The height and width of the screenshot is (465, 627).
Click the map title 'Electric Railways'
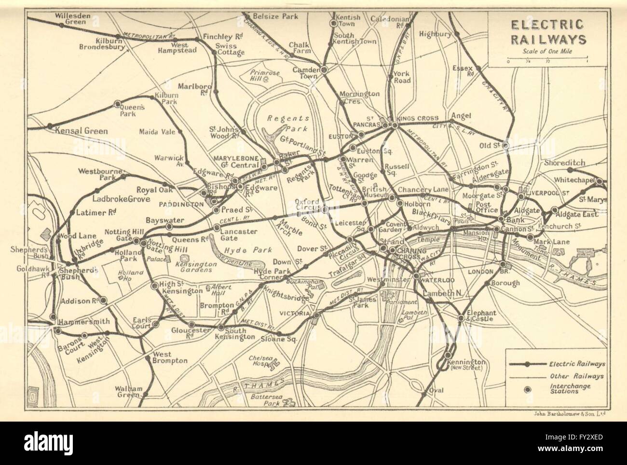click(x=546, y=32)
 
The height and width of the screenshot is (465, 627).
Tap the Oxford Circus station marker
click(x=325, y=209)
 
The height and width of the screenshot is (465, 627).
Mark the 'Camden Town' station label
click(x=305, y=72)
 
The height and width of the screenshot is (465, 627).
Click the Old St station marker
click(x=505, y=145)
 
